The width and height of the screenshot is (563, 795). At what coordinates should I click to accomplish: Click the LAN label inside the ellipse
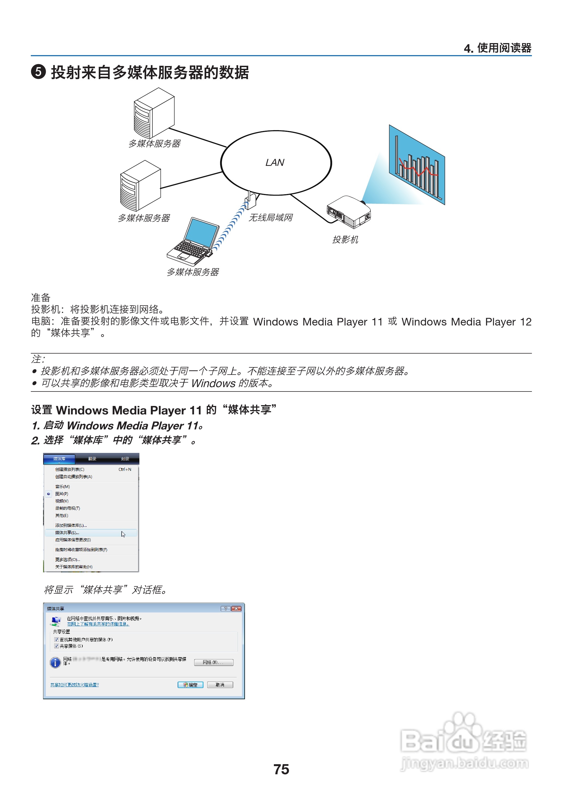click(275, 163)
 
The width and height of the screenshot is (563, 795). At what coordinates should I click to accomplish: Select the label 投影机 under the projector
click(345, 240)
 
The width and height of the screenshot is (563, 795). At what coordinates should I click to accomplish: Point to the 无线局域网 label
click(270, 217)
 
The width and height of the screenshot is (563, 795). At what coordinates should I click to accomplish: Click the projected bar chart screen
click(417, 165)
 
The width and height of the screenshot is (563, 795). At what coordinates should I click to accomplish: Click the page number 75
click(281, 769)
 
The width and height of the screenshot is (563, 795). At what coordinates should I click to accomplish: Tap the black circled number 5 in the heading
click(38, 72)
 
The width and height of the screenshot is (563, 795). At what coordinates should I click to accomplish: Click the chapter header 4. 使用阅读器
click(497, 48)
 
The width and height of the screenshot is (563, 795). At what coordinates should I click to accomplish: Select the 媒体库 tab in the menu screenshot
click(59, 459)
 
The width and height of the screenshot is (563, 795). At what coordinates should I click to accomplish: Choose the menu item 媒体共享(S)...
click(67, 533)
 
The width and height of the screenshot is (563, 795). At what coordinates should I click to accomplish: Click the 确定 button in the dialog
click(190, 685)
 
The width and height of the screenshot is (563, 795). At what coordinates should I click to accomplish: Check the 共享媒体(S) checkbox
click(56, 646)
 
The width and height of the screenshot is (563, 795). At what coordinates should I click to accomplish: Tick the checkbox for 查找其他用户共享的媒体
click(56, 639)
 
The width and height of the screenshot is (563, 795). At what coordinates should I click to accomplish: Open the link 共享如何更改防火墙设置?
click(74, 685)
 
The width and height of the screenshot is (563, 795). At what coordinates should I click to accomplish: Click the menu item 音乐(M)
click(62, 486)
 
